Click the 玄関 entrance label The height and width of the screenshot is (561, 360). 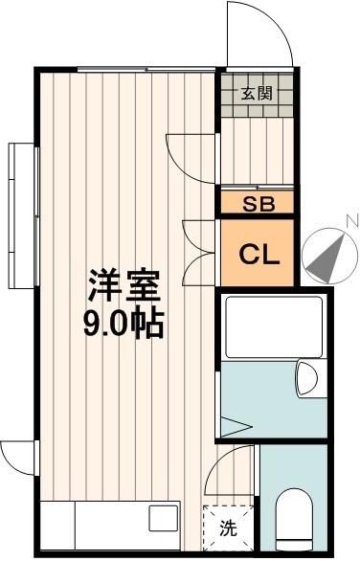pos(256,93)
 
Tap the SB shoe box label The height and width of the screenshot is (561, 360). pos(258,203)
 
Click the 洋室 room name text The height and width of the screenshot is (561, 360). pos(124,285)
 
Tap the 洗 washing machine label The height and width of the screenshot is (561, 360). pos(228,527)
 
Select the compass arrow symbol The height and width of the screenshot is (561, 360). pos(327,254)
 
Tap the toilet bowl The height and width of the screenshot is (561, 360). pos(294,522)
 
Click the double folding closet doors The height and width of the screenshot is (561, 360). pos(199,245)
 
